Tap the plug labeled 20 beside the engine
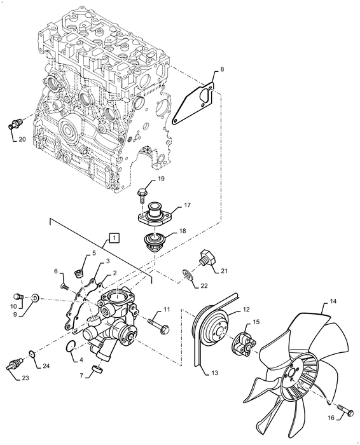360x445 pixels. pyautogui.click(x=13, y=123)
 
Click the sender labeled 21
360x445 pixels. pyautogui.click(x=207, y=258)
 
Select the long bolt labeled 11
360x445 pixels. pyautogui.click(x=158, y=326)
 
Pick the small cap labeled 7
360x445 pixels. pyautogui.click(x=98, y=369)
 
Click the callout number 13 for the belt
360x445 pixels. pyautogui.click(x=212, y=374)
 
